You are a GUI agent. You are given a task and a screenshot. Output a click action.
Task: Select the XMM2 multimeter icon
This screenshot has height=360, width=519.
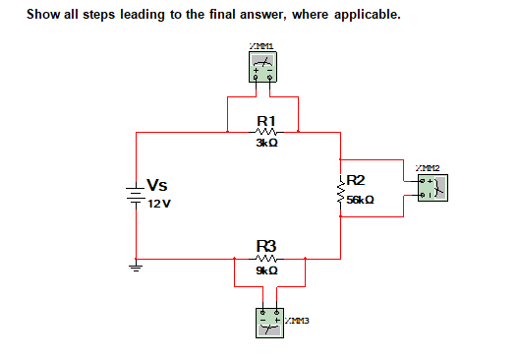point(430,187)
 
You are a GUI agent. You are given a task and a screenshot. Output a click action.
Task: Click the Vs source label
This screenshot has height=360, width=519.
point(156,185)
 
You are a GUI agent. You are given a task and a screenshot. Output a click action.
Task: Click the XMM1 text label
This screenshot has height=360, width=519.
point(261,44)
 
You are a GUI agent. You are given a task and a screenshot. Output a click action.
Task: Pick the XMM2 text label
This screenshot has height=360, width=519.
point(428,166)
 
